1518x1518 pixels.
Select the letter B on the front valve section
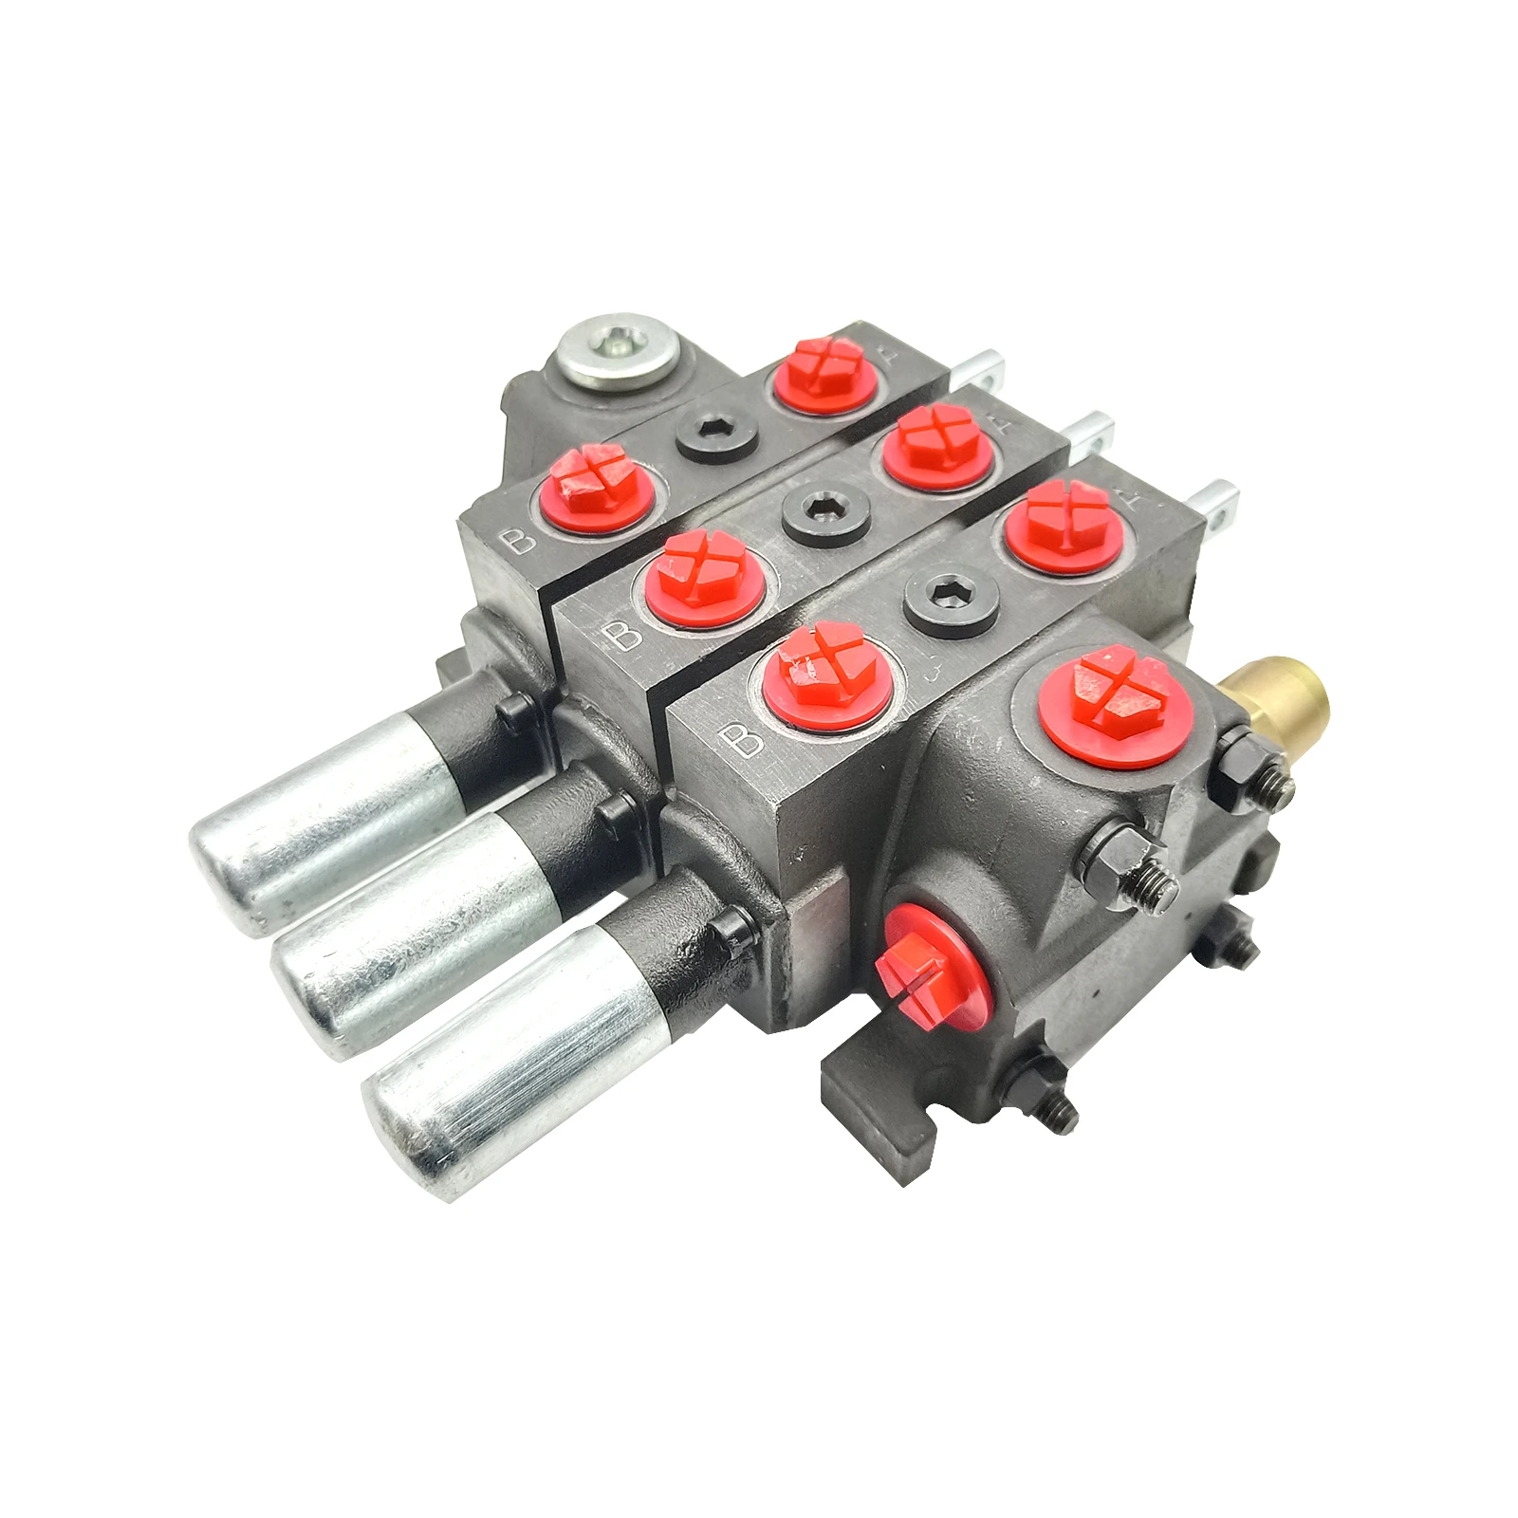(743, 738)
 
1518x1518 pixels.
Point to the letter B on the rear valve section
(520, 540)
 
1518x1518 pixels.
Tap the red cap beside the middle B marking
(707, 580)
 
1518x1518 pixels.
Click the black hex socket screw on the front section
(952, 602)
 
